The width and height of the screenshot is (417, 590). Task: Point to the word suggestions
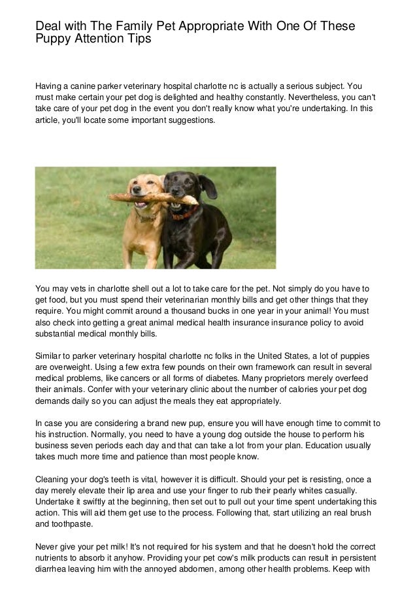184,122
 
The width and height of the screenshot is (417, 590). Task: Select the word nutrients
54,555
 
